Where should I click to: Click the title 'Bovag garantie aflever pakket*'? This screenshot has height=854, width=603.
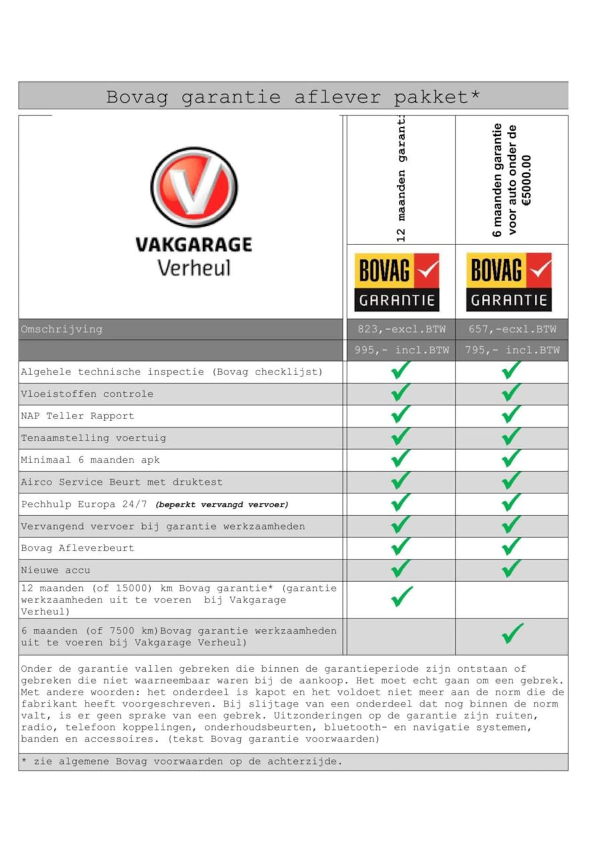click(x=293, y=97)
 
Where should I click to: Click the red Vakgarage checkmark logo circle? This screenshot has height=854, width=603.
click(x=194, y=187)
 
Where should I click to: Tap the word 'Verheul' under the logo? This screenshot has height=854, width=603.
click(x=194, y=268)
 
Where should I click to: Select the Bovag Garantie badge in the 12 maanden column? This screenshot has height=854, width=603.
click(x=397, y=282)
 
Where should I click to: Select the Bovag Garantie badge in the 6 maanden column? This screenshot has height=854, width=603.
click(x=509, y=282)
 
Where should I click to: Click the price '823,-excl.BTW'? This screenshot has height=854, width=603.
click(x=401, y=329)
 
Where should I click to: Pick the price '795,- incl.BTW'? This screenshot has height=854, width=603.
click(x=512, y=350)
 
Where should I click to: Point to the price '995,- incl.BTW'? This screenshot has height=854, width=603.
click(x=401, y=350)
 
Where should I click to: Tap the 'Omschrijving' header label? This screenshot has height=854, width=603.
click(x=62, y=329)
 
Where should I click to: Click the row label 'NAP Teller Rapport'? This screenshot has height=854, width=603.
click(x=78, y=416)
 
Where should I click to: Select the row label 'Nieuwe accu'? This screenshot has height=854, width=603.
click(x=56, y=570)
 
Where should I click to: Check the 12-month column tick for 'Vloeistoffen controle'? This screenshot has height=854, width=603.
click(x=400, y=392)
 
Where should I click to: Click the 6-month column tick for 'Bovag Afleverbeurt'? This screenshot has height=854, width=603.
click(x=512, y=547)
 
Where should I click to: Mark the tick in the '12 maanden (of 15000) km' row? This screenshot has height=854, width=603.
click(x=401, y=597)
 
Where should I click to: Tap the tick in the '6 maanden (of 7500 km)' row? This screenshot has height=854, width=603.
click(x=513, y=633)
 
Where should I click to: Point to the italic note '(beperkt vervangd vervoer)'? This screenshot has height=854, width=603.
click(x=222, y=505)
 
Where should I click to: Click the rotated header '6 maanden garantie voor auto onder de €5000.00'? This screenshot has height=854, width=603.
click(x=512, y=180)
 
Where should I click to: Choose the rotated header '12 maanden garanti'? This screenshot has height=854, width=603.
click(x=401, y=180)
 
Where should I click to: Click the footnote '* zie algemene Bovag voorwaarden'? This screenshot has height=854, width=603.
click(x=182, y=761)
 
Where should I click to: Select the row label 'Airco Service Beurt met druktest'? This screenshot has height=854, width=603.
click(x=122, y=482)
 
